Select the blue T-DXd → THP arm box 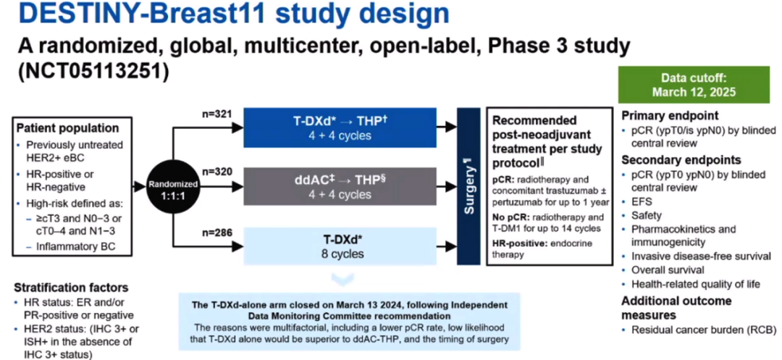[340, 127]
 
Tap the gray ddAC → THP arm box [340, 187]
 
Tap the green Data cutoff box [693, 85]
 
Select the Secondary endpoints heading [681, 159]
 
